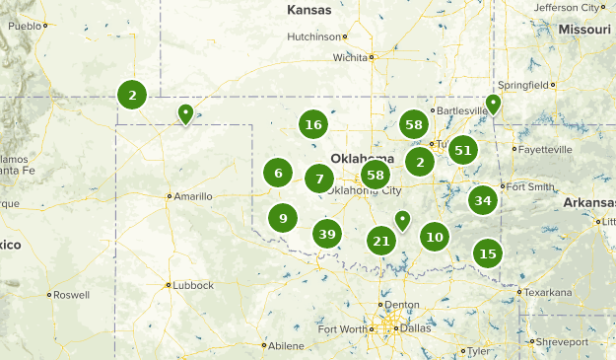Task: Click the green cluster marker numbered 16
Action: click(313, 125)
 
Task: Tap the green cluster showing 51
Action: click(463, 150)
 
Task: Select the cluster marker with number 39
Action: click(327, 234)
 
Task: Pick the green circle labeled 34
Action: click(482, 200)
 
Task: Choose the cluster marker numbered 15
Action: click(487, 253)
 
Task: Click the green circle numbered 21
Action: click(381, 240)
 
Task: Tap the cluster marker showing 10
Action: click(435, 236)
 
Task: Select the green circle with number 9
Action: click(283, 218)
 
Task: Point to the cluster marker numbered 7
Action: click(318, 179)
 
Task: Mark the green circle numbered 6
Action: click(278, 174)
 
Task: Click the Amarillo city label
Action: click(194, 196)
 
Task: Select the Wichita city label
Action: click(349, 57)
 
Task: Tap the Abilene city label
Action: click(286, 345)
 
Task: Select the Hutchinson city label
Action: click(313, 36)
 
